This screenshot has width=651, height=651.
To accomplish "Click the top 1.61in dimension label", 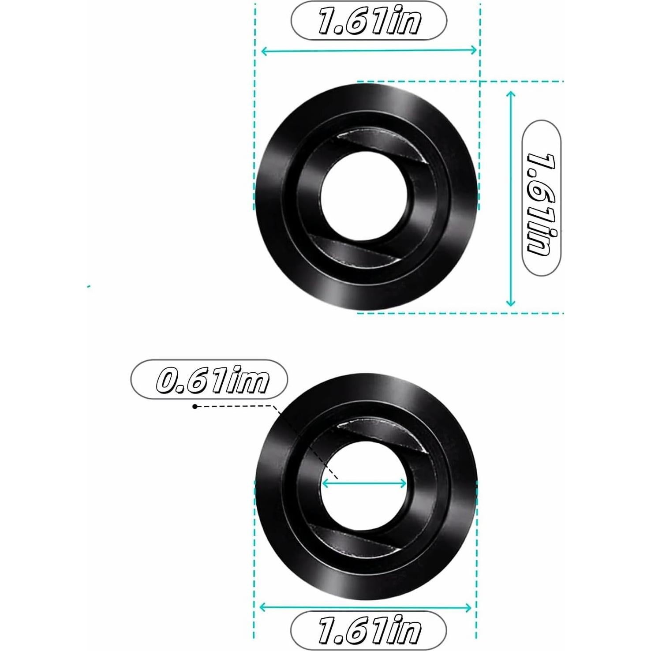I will pos(369,21).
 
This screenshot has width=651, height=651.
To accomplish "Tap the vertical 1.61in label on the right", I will pos(541,198).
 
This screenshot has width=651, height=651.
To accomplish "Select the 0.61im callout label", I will pos(209,380).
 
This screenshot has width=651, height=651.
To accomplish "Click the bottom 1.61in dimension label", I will pos(368,630).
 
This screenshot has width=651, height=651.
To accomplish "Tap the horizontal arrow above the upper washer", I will pos(369,51).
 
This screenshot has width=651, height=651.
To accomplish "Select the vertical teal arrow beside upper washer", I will pos(510,198).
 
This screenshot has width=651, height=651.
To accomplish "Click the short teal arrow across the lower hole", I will pos(364,484).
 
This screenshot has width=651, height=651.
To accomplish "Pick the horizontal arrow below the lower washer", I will pos(366,608).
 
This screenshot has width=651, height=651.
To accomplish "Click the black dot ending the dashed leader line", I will pos(195,406).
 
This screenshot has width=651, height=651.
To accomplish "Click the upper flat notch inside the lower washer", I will pos(382,434).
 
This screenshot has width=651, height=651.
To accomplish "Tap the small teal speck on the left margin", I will pos(89,287).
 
